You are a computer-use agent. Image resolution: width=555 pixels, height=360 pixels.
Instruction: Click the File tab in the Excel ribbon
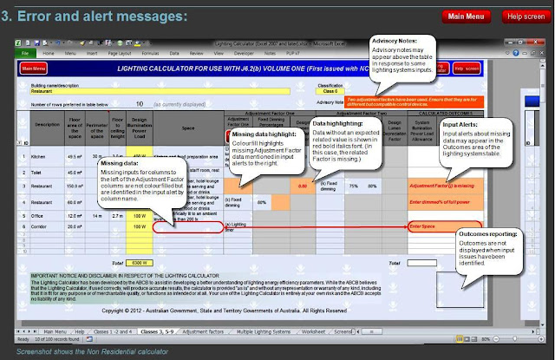(26, 53)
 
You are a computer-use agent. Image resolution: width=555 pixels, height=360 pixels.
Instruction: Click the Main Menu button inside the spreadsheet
(34, 67)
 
